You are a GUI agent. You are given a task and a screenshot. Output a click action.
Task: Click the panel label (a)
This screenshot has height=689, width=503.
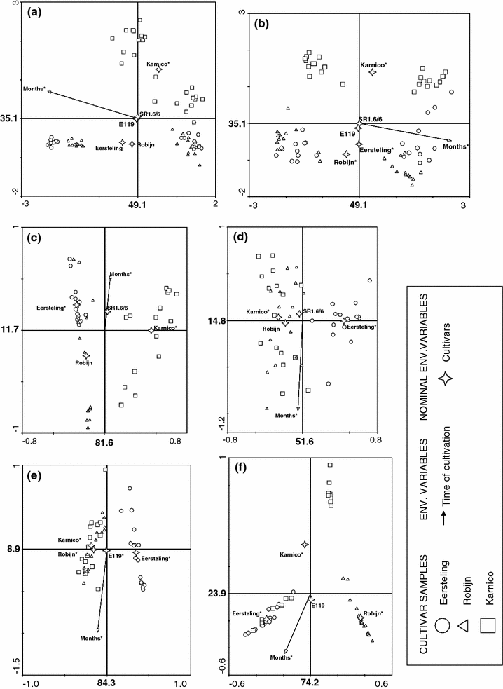click(37, 12)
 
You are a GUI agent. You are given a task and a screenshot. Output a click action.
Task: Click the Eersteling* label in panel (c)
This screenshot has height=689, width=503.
click(51, 308)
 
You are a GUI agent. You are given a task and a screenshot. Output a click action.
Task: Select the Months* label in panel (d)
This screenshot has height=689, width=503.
click(287, 416)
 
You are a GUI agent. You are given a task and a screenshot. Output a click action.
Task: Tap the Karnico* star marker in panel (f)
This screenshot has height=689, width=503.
click(305, 544)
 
